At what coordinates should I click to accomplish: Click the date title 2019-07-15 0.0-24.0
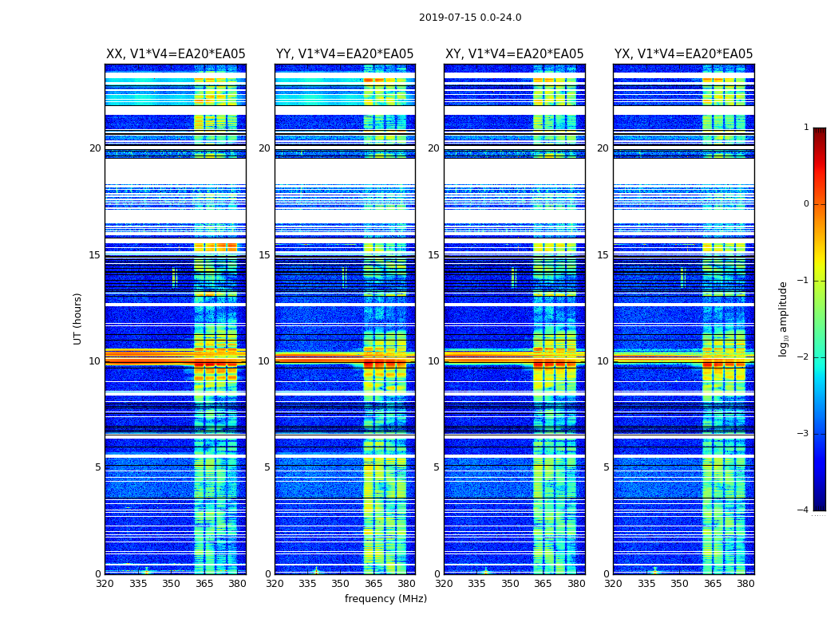(470, 18)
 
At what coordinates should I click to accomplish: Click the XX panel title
(176, 54)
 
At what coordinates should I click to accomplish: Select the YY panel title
(345, 54)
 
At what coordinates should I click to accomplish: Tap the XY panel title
(514, 54)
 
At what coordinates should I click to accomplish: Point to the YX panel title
(683, 54)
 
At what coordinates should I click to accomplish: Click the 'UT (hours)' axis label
(78, 318)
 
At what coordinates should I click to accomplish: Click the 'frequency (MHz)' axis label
(385, 599)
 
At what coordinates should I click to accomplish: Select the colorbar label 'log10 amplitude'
(784, 318)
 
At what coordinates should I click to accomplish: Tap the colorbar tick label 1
(806, 128)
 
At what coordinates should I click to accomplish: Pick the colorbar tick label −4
(804, 510)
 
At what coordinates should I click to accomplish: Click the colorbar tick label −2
(804, 357)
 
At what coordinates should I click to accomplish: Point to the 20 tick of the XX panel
(95, 148)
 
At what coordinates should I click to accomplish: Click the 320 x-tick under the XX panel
(105, 585)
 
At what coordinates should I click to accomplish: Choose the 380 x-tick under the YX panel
(745, 585)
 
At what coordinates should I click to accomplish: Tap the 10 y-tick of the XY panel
(433, 361)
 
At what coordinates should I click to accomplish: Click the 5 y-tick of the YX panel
(606, 467)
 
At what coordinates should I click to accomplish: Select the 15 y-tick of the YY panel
(264, 255)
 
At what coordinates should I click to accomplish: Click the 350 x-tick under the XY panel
(510, 585)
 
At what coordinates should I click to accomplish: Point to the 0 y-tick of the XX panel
(98, 574)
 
